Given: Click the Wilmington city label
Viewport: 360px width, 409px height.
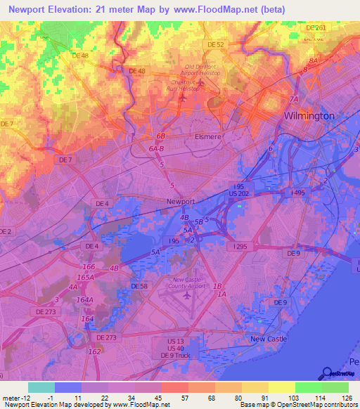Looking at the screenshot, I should pos(309,115).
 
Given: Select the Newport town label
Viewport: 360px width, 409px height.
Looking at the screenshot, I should pos(180,201).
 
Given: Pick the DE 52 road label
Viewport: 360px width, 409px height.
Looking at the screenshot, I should pos(215,44).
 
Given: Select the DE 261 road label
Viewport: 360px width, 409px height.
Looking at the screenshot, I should pos(316,27).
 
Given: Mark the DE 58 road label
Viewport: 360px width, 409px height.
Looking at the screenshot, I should pos(139,286).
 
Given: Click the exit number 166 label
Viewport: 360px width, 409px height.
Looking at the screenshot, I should pos(89,267).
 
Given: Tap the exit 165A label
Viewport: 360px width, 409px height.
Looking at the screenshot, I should pos(86,277).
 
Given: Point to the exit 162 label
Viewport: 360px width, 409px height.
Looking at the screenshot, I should pos(94,351).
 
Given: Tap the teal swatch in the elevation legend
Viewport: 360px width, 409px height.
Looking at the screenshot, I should pos(41,387).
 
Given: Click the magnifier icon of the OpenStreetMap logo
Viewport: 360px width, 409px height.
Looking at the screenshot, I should pos(327,374).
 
